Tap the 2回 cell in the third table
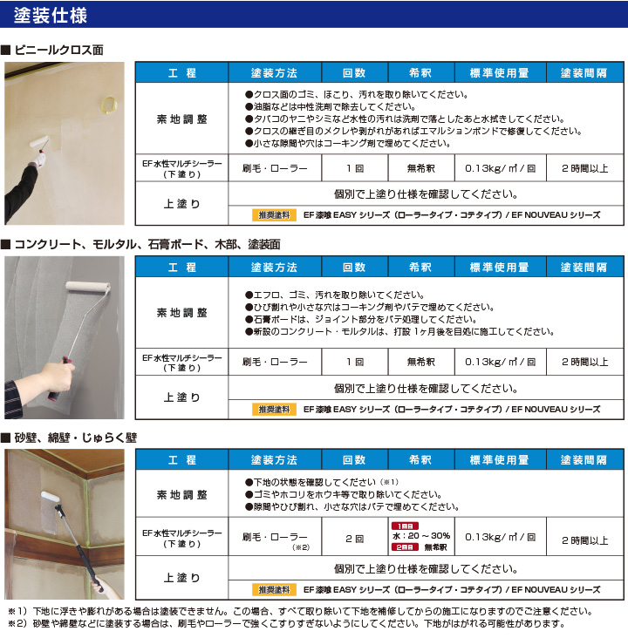pyautogui.click(x=354, y=538)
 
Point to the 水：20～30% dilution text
pyautogui.click(x=421, y=536)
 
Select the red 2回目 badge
pyautogui.click(x=405, y=547)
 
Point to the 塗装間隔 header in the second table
pyautogui.click(x=584, y=267)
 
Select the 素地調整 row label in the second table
pyautogui.click(x=181, y=312)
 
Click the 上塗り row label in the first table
pyautogui.click(x=181, y=204)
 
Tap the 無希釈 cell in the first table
pyautogui.click(x=421, y=166)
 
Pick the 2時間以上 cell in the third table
pyautogui.click(x=584, y=540)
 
